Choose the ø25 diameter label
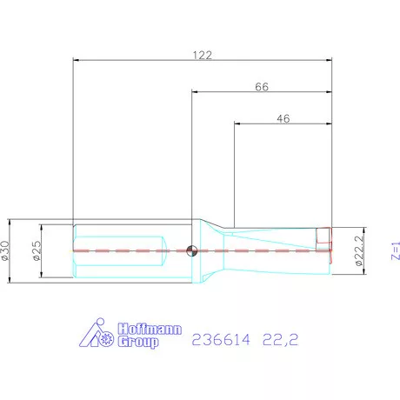[37, 250]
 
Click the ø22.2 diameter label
[357, 250]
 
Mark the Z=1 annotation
[392, 250]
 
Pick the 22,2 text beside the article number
[282, 340]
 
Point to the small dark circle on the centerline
[192, 250]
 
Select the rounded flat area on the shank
[117, 250]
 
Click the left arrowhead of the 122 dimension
[77, 60]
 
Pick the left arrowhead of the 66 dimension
[195, 91]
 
